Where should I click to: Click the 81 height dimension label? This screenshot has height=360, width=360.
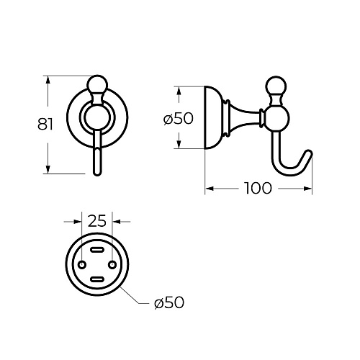point(45,124)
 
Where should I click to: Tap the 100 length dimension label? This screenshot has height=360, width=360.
point(258,188)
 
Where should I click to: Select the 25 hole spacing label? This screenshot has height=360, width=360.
point(97,221)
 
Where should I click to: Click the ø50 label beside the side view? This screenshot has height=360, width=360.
point(179,118)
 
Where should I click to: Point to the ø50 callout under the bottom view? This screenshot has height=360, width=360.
point(169,302)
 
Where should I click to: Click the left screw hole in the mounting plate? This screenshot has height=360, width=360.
point(82,265)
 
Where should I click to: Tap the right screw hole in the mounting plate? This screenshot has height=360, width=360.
point(112,265)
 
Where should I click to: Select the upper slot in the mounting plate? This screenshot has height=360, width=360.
point(97,250)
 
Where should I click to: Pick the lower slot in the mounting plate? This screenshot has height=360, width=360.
point(97,279)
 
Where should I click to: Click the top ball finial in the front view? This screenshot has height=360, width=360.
point(97,84)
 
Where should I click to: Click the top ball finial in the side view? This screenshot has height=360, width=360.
point(276,86)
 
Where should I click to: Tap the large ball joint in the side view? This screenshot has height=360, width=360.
point(276,119)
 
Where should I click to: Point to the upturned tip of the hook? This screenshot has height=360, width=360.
point(309,153)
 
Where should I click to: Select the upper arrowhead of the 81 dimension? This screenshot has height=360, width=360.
point(48,80)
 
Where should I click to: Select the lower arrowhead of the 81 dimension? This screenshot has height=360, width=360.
point(48,169)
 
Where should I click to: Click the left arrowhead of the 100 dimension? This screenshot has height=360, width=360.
point(210,189)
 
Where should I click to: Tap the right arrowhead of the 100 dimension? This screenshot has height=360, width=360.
point(307,189)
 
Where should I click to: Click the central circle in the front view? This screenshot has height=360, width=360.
point(97,118)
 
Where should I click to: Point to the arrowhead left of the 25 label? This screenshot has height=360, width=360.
point(78,222)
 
